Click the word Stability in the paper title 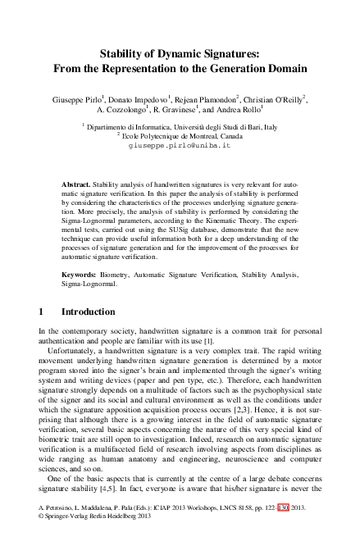tap(124, 53)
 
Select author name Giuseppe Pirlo tap(80, 97)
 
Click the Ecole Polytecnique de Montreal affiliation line tap(182, 136)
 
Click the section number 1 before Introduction tap(42, 312)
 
